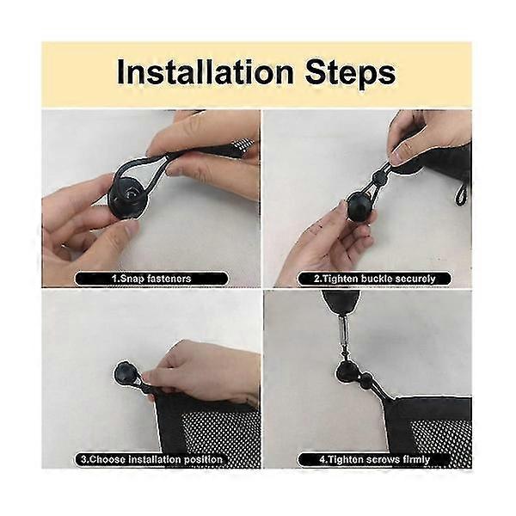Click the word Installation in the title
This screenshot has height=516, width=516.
pyautogui.click(x=205, y=73)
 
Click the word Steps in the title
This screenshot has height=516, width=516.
pyautogui.click(x=351, y=74)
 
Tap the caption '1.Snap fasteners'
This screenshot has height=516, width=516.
pyautogui.click(x=151, y=279)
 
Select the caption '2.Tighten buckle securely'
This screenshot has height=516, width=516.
pyautogui.click(x=374, y=279)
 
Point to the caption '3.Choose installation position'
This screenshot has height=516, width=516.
pyautogui.click(x=151, y=459)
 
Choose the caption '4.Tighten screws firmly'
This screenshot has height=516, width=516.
pyautogui.click(x=374, y=459)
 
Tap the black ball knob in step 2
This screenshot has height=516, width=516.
pyautogui.click(x=360, y=206)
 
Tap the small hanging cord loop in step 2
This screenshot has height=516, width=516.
pyautogui.click(x=461, y=195)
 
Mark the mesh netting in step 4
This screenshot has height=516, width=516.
pyautogui.click(x=441, y=441)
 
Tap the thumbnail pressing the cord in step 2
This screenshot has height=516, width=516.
pyautogui.click(x=400, y=154)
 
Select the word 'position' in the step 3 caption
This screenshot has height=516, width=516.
pyautogui.click(x=203, y=459)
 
